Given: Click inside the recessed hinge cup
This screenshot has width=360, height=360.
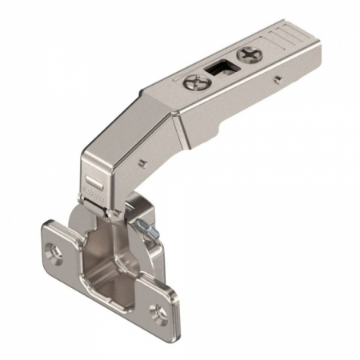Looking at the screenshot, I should [x=100, y=256].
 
